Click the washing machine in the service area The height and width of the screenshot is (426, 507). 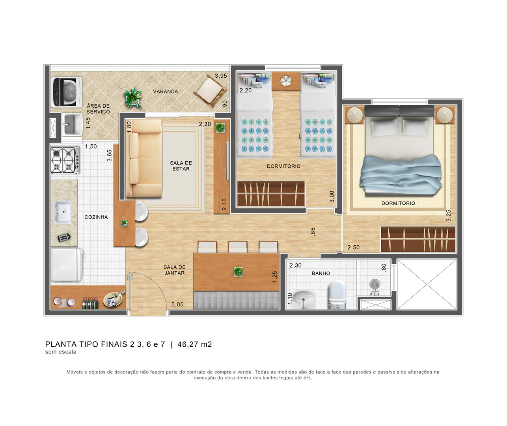[x=67, y=92]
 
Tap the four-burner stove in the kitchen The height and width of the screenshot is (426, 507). [x=65, y=160]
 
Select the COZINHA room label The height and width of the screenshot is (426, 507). [x=96, y=217]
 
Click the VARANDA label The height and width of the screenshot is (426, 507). [x=165, y=92]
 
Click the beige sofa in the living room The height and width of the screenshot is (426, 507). [x=144, y=158]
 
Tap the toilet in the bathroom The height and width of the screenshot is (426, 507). [x=337, y=295]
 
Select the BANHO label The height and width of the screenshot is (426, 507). [x=321, y=273]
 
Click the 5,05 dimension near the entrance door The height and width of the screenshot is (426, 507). [x=177, y=305]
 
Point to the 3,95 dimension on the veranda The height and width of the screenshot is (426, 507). [x=221, y=76]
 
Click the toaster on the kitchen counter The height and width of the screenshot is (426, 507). [x=64, y=237]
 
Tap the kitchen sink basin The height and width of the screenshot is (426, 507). [x=63, y=212]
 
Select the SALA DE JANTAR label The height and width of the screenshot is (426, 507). [x=174, y=270]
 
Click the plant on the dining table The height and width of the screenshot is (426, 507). [x=238, y=271]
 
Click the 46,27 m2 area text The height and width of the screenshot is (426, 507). [x=194, y=344]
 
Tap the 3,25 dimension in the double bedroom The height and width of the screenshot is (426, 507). [x=449, y=215]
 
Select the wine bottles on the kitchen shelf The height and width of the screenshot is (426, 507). [x=90, y=303]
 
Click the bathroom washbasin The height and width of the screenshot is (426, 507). [x=304, y=299]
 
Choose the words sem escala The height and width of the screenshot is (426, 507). [x=61, y=352]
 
